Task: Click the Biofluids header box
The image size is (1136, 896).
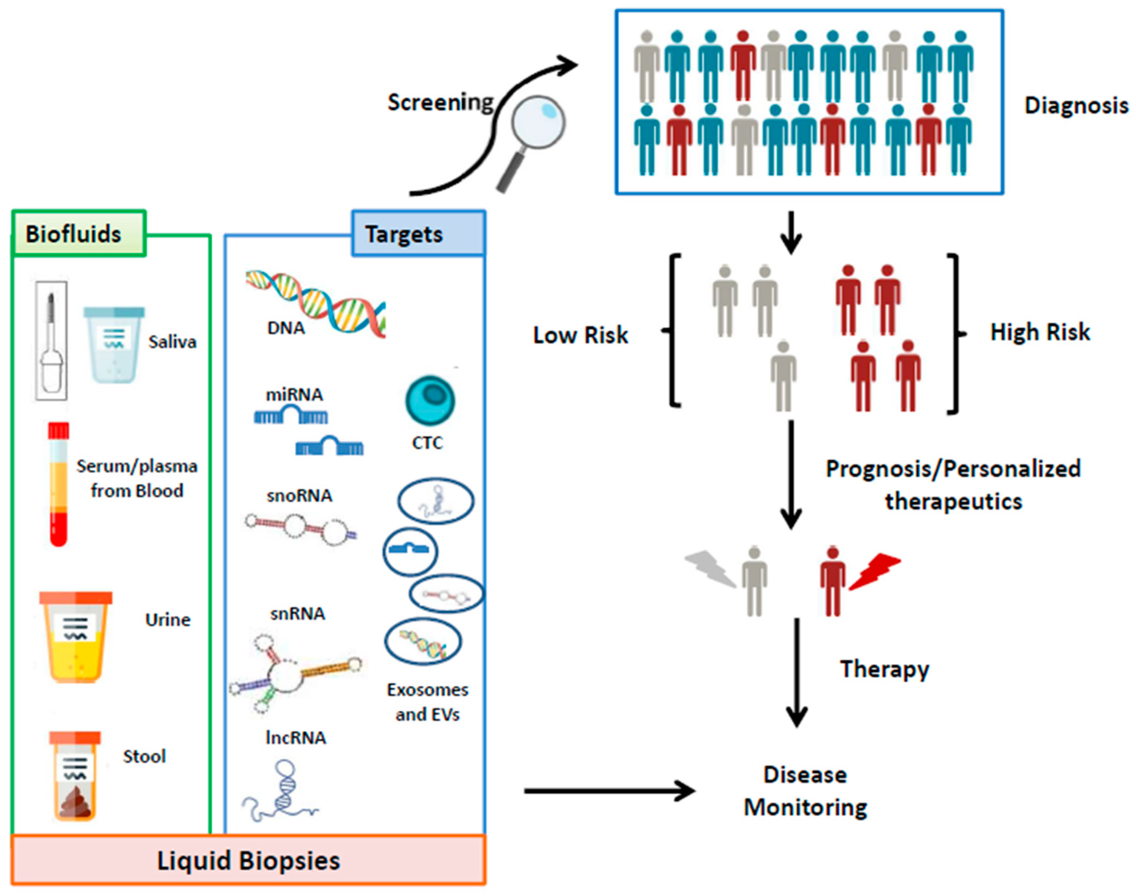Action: [x=79, y=234]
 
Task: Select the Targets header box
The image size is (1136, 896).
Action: [x=418, y=234]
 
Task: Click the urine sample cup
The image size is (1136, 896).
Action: [x=76, y=637]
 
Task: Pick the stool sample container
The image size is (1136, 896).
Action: [x=75, y=775]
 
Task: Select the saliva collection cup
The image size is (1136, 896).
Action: [x=114, y=345]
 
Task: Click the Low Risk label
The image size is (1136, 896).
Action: [x=581, y=335]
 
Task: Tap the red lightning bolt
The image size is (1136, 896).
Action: [x=875, y=571]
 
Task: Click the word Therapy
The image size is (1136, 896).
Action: [x=885, y=670]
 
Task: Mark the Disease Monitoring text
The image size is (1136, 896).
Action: [x=806, y=791]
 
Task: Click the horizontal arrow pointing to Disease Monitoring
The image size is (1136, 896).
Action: [x=610, y=791]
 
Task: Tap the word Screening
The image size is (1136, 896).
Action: [x=441, y=103]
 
